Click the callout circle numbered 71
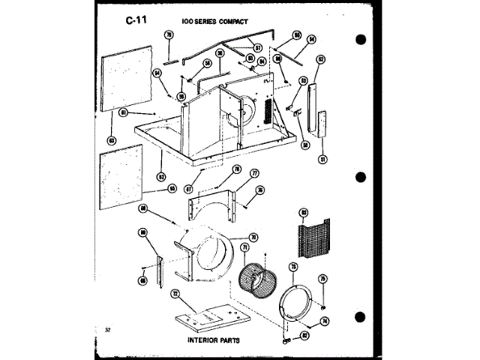coord(244,246)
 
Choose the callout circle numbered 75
coord(323,279)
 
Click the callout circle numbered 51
coord(322,159)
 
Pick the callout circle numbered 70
coord(253,237)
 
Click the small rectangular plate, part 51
coord(323,124)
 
